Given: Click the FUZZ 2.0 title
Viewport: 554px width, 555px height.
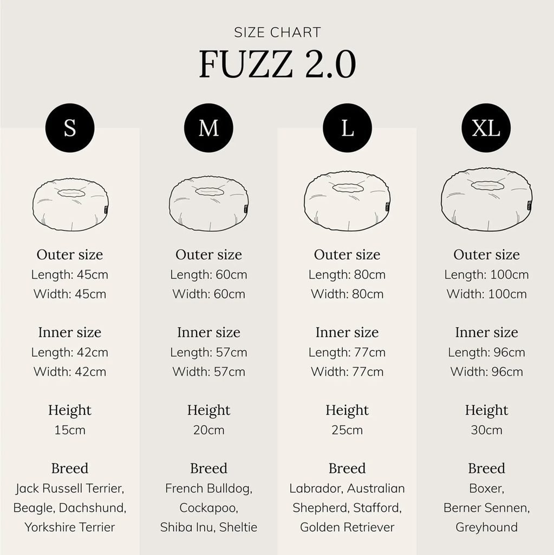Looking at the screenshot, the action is (x=277, y=64).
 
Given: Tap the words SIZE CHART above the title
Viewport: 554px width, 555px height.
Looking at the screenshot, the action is (x=277, y=33).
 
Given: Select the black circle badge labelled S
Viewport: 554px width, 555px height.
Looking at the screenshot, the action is (x=70, y=128).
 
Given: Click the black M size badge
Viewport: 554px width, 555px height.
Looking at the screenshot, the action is (x=208, y=128).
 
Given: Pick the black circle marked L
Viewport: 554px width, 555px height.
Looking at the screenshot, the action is (x=347, y=128).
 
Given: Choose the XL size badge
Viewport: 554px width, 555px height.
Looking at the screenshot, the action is (x=486, y=128).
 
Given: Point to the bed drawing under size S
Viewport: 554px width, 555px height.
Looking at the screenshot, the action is (x=70, y=205).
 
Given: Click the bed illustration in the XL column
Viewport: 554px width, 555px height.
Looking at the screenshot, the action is (x=487, y=199).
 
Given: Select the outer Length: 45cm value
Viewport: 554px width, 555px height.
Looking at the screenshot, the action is (x=70, y=275).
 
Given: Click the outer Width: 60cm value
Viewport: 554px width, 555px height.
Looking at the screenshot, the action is (x=208, y=294).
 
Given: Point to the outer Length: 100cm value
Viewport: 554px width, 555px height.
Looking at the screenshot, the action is (x=486, y=275).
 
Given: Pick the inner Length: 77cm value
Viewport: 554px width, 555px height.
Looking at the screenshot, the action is (x=347, y=352).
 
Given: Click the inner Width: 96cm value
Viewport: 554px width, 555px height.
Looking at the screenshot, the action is (x=486, y=372).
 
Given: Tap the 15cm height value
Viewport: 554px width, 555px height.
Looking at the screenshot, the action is (x=70, y=430).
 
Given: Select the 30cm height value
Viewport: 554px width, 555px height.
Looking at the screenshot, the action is (x=486, y=430).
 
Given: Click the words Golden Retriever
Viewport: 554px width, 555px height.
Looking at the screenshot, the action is (x=347, y=527).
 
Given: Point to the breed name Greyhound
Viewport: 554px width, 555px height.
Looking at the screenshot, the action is (x=486, y=527).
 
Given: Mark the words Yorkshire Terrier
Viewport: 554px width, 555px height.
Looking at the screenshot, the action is (x=70, y=527).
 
